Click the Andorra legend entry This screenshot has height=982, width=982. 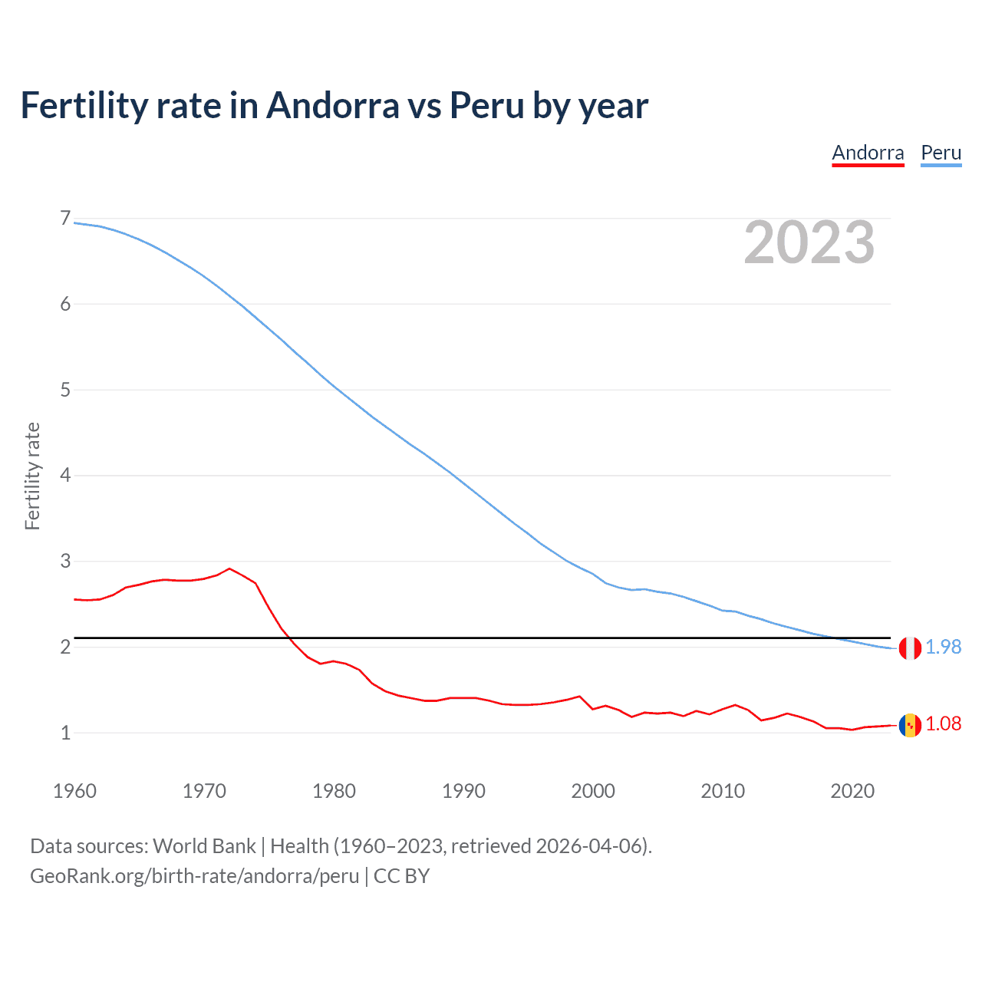[x=868, y=153]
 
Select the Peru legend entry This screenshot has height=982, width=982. [x=941, y=153]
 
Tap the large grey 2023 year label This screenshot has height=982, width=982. [x=809, y=242]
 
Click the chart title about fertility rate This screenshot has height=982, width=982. [x=334, y=105]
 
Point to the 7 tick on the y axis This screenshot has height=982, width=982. [x=65, y=219]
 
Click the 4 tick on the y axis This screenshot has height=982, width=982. [x=65, y=476]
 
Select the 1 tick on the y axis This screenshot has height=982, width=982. [x=65, y=733]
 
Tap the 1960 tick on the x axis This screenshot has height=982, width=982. [x=74, y=791]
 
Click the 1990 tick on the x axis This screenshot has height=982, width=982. [x=463, y=791]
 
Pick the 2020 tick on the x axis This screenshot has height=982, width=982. [x=852, y=791]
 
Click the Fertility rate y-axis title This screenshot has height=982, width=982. [x=32, y=476]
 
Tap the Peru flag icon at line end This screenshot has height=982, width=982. [x=910, y=648]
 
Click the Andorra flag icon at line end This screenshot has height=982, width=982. [x=910, y=725]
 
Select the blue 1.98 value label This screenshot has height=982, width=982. [x=943, y=648]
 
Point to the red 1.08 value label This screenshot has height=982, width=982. [x=943, y=724]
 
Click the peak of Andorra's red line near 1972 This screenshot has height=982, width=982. [x=229, y=568]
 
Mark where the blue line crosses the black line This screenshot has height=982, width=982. [x=834, y=638]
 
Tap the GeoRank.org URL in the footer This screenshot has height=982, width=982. [x=194, y=876]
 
